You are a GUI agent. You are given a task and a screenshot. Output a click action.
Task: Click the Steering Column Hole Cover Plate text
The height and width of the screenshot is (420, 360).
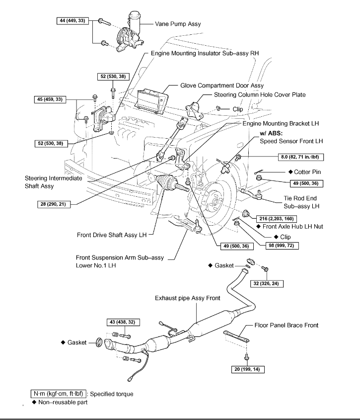(x=260, y=94)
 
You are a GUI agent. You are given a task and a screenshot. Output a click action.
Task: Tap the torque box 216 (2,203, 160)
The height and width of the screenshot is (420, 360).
(x=276, y=219)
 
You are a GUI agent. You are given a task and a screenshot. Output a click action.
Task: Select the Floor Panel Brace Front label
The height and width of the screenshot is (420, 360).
(x=287, y=326)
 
